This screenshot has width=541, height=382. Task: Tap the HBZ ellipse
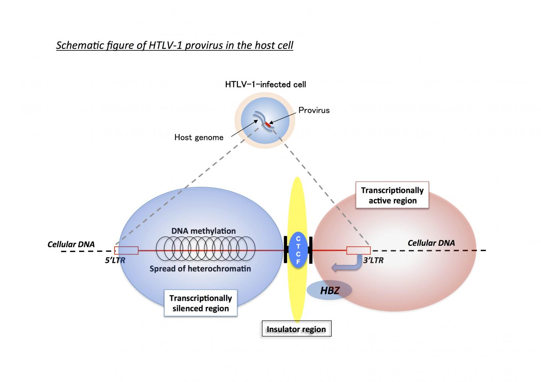[x=329, y=290]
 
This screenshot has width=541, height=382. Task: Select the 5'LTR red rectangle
[x=127, y=251]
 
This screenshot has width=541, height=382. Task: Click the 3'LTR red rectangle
[x=358, y=251]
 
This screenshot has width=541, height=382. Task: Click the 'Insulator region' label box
[x=296, y=329]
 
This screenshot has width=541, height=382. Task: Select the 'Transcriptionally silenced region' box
[x=201, y=303]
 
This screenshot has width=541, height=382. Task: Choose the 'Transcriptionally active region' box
[x=392, y=195]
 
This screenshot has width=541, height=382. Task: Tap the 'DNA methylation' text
[x=204, y=231]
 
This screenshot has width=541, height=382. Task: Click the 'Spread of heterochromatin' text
[x=200, y=269]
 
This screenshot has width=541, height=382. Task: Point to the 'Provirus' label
[x=314, y=110]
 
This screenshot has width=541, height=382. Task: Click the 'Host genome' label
[x=199, y=137]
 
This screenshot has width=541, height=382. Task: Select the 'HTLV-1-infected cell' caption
[x=266, y=85]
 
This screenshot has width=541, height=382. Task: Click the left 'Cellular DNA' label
[x=71, y=245]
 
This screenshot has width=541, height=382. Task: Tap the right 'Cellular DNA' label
[x=431, y=243]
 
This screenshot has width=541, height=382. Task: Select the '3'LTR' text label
[x=373, y=260]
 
